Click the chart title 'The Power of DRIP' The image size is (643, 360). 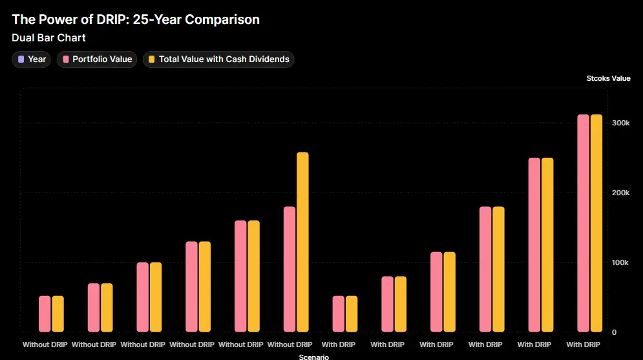pyautogui.click(x=136, y=19)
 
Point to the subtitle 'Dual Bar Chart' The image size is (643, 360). pyautogui.click(x=48, y=38)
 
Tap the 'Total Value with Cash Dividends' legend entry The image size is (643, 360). pyautogui.click(x=218, y=59)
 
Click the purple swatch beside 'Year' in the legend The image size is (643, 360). pyautogui.click(x=21, y=59)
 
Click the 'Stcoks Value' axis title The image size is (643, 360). pyautogui.click(x=607, y=78)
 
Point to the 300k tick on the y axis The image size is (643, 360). pyautogui.click(x=620, y=123)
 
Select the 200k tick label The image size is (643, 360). pyautogui.click(x=620, y=193)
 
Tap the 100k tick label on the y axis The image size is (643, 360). pyautogui.click(x=620, y=262)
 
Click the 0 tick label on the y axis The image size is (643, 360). pyautogui.click(x=614, y=332)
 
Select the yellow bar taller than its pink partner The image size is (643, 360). pyautogui.click(x=302, y=242)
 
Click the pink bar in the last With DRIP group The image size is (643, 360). pyautogui.click(x=584, y=223)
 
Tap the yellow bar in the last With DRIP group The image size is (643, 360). pyautogui.click(x=596, y=223)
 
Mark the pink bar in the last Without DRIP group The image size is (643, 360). pyautogui.click(x=290, y=269)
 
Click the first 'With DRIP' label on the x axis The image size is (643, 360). pyautogui.click(x=339, y=344)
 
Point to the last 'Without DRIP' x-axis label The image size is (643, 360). pyautogui.click(x=290, y=344)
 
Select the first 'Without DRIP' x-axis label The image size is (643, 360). pyautogui.click(x=45, y=344)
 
